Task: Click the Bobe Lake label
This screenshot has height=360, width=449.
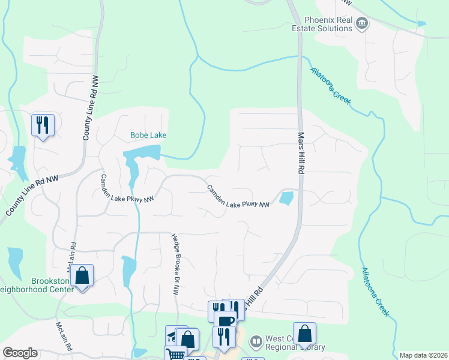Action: point(148,135)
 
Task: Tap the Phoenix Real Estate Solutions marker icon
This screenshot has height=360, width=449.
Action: point(362,24)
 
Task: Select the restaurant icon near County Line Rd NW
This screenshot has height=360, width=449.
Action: point(43,125)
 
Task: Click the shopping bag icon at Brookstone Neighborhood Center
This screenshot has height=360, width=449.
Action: point(82,276)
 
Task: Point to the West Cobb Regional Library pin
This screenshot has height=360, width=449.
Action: point(256,341)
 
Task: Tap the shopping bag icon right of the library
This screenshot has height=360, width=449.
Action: point(304,334)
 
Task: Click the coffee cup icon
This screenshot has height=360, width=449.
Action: point(226,322)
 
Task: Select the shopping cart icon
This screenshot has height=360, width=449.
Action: point(176,354)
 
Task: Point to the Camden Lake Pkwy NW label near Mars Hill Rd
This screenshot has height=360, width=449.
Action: point(238,196)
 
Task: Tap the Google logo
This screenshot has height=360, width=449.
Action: point(20,353)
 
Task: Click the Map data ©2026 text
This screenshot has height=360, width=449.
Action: point(423,355)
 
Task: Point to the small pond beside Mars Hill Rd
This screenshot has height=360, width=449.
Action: point(286,198)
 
